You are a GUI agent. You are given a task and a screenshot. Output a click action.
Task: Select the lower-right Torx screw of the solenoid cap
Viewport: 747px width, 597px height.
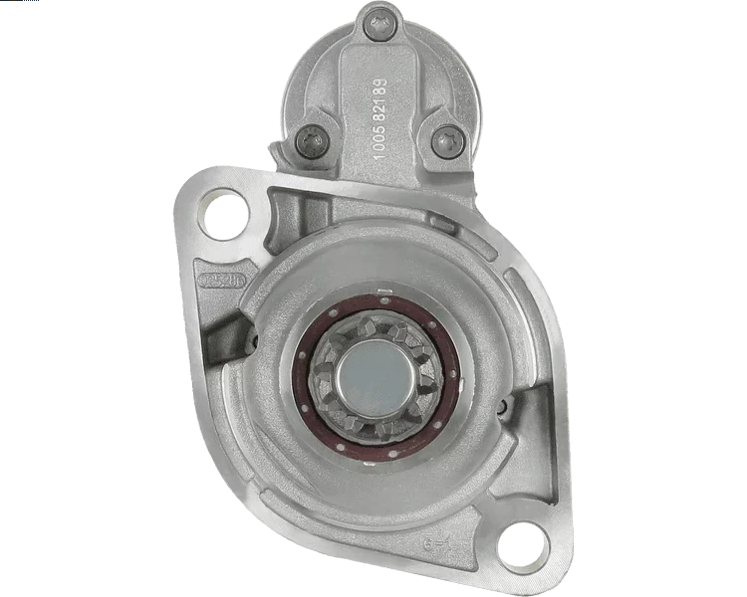443,140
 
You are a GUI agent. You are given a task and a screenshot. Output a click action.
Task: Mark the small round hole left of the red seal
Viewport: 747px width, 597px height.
252,341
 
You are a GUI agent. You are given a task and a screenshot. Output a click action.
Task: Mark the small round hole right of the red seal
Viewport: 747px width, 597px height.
506,405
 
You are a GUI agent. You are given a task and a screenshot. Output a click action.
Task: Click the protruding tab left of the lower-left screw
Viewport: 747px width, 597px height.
278,149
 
